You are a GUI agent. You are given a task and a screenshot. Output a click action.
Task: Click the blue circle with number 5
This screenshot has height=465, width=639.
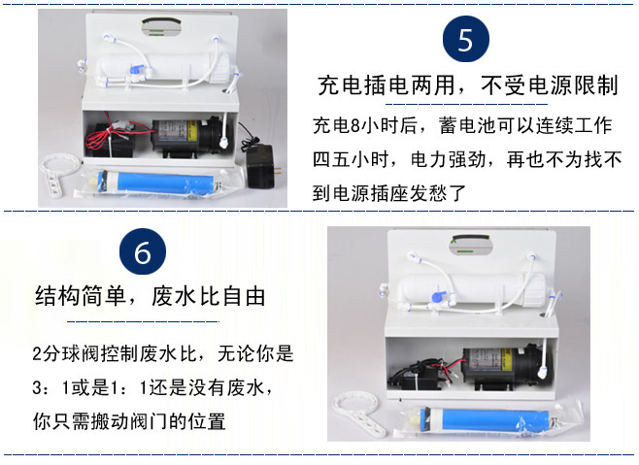coord(466,39)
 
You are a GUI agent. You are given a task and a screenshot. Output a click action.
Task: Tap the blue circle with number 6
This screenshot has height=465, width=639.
coord(143,251)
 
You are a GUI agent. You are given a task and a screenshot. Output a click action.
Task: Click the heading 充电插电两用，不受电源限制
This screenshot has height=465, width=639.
coord(468,85)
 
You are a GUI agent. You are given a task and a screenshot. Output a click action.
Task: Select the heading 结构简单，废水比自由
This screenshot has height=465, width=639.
coord(151,296)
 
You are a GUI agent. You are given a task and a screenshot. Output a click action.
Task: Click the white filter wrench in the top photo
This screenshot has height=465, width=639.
coord(57,171)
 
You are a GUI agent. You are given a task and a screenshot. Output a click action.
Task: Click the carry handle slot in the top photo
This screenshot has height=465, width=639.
coord(161,26)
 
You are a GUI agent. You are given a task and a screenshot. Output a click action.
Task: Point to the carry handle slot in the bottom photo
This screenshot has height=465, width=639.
coord(471,244)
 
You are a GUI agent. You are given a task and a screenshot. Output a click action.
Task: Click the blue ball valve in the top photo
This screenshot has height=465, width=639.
coord(136,70)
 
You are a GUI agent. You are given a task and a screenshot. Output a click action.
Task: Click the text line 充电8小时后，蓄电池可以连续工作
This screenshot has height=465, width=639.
coord(462,125)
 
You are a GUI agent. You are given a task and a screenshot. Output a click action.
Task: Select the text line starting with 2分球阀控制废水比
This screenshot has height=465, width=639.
coord(162,353)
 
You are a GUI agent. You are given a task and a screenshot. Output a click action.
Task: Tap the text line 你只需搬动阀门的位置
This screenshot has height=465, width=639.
coord(129,421)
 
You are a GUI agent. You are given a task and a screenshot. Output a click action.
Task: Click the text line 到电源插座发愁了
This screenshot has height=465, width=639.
coord(389,193)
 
